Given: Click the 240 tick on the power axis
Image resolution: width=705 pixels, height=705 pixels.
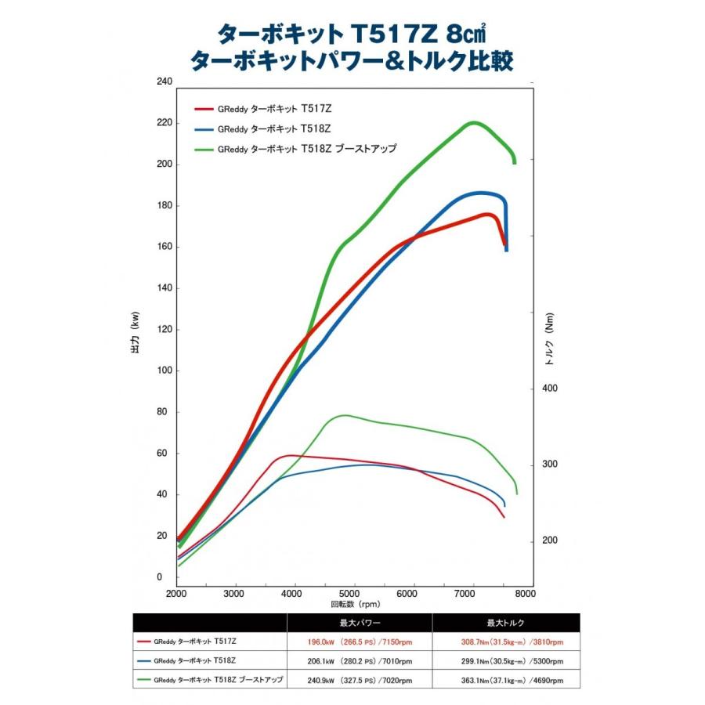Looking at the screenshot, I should [164, 81].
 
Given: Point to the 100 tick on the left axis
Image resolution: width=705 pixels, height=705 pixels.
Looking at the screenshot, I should [164, 371].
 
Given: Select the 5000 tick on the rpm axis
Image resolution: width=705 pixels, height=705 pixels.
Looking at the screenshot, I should [354, 593].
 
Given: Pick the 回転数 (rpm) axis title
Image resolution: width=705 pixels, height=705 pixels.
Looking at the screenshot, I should [355, 604].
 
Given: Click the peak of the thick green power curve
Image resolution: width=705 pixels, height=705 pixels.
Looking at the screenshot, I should [472, 122].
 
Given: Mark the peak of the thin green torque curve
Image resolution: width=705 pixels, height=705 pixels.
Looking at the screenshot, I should [344, 415].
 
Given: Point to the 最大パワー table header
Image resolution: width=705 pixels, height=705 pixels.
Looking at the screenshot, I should [360, 623].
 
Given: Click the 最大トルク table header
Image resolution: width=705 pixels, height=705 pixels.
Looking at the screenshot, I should [506, 623].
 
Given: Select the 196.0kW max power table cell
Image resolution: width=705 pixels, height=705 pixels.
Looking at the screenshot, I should [360, 642].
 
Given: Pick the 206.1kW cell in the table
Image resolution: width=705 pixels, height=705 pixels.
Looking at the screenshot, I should [360, 661].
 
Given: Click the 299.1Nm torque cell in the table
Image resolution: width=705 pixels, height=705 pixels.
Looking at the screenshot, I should [506, 661].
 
